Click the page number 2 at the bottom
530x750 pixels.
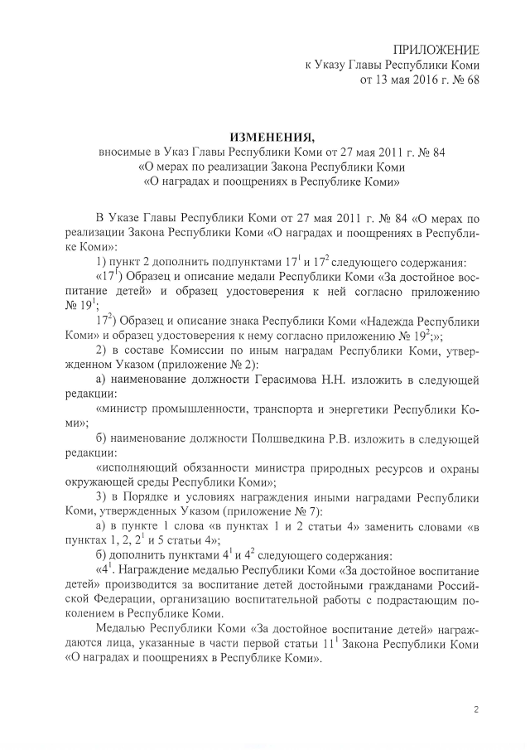[476, 709]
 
